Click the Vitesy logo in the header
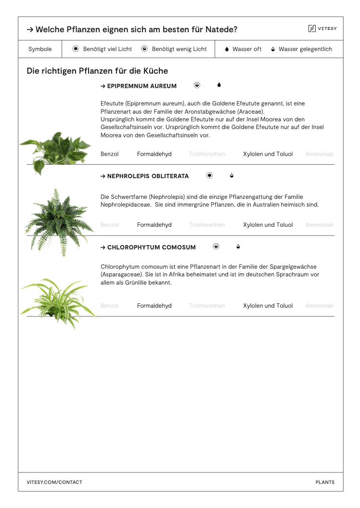(322, 29)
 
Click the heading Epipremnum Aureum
(139, 86)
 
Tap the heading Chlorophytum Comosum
(148, 247)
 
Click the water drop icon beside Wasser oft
(227, 49)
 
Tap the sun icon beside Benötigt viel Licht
(76, 49)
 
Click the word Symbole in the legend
(40, 49)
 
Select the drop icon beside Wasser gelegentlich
(273, 49)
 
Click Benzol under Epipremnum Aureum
(110, 154)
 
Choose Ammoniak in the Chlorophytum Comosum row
(320, 306)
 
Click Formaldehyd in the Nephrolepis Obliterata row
(154, 225)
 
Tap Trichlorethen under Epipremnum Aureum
(207, 154)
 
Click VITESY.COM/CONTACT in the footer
(54, 482)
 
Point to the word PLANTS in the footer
(325, 482)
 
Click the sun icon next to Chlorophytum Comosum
(216, 247)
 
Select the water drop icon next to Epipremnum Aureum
(219, 85)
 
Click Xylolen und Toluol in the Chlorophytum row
(268, 306)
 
